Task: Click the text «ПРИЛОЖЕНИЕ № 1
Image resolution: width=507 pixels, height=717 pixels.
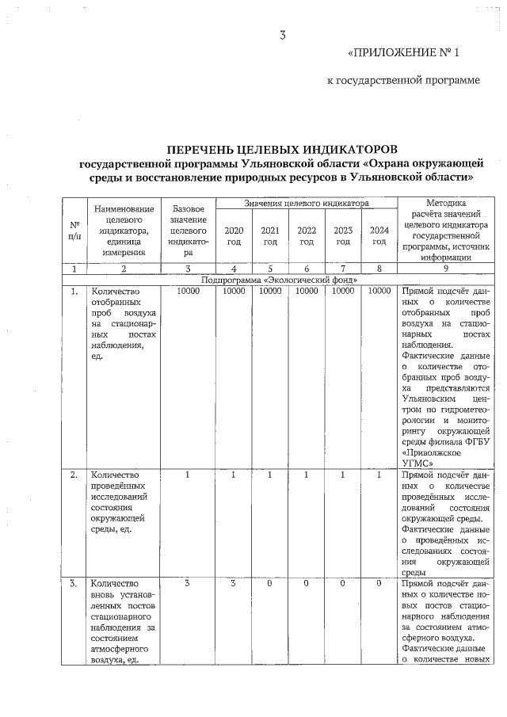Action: click(403, 53)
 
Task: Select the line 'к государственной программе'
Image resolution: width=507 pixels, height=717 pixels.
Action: click(404, 81)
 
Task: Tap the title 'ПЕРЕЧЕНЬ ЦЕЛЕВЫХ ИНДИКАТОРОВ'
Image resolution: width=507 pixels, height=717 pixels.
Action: click(281, 149)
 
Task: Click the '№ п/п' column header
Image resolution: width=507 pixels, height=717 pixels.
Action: click(74, 230)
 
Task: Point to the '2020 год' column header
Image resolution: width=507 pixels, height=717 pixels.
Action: click(234, 235)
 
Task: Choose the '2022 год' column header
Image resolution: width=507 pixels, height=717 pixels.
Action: click(307, 235)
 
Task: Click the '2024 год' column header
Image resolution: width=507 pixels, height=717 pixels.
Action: click(379, 235)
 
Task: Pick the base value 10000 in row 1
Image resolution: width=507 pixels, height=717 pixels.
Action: click(188, 291)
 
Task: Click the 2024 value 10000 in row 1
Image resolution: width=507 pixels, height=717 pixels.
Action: click(379, 291)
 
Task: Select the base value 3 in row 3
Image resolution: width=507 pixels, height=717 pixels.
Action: click(188, 585)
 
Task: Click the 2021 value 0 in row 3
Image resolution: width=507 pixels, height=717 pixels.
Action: click(270, 585)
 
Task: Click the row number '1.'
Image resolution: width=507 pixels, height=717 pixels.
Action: click(74, 291)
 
